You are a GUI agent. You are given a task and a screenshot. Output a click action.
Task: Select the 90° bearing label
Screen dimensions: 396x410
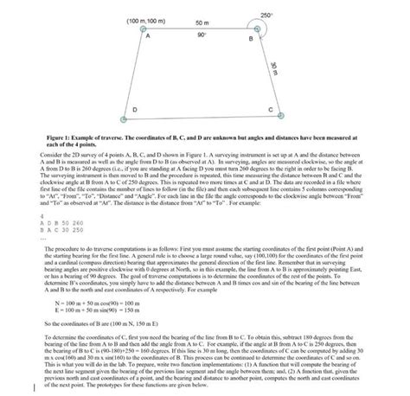pos(202,36)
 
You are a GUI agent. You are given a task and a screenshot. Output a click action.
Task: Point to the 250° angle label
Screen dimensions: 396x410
pos(265,16)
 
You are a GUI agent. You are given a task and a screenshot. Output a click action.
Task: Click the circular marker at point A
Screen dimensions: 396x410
pos(143,29)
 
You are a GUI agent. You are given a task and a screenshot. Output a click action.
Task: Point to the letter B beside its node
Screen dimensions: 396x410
pos(251,41)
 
